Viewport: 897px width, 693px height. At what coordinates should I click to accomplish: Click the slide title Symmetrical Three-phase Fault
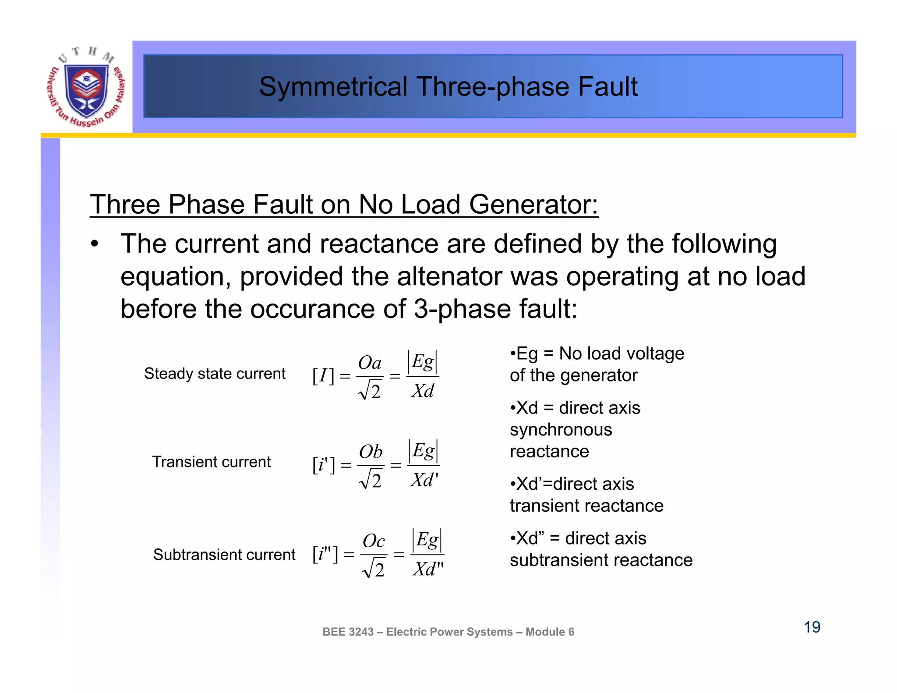point(448,86)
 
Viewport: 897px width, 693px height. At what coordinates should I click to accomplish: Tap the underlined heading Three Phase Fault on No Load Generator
point(344,204)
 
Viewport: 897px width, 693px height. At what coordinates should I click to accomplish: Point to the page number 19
point(812,627)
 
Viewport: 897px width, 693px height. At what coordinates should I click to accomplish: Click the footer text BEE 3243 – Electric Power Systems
point(448,632)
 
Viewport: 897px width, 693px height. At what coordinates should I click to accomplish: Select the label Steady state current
point(215,374)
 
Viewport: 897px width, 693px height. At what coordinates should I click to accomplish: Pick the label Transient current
point(212,462)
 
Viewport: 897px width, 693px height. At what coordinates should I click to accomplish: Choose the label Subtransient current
point(224,555)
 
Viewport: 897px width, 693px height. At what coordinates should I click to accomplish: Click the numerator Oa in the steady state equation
point(370,363)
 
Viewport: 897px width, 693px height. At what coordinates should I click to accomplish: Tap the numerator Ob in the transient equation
point(371,452)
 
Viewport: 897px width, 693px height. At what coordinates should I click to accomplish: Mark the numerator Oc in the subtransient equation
point(374,541)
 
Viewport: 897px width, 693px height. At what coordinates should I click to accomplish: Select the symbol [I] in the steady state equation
point(323,376)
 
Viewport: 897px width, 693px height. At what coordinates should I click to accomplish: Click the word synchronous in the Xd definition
point(561,430)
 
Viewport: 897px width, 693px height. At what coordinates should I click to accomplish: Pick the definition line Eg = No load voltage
point(597,354)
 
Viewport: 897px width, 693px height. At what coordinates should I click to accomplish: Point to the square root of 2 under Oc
point(374,569)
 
